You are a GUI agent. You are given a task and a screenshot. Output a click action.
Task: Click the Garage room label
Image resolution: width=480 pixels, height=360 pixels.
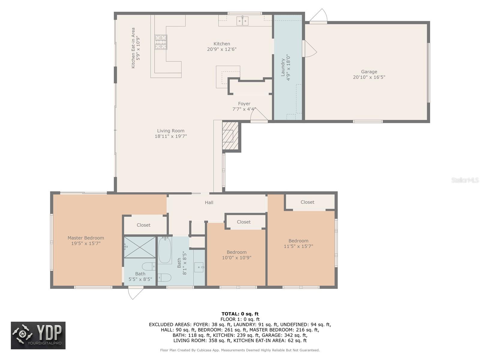pos(369,72)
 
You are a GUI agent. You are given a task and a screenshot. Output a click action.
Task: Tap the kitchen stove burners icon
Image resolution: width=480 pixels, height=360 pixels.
pos(161,42)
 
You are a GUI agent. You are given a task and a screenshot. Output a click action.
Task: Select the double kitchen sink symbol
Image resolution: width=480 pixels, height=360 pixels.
pos(242,21)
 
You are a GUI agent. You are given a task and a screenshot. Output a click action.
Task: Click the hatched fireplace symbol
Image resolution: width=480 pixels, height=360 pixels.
pos(230,136)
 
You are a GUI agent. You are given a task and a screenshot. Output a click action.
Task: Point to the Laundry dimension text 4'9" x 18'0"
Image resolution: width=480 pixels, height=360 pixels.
pos(288,67)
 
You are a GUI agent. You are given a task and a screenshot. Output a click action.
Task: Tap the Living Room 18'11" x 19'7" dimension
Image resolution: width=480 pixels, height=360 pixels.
pos(171,136)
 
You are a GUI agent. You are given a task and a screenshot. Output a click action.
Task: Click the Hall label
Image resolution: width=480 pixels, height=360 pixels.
pos(209,202)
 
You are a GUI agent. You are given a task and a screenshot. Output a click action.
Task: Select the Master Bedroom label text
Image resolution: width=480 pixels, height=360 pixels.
pos(85,238)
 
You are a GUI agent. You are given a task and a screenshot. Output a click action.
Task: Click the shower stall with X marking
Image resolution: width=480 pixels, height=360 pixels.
pos(140,247)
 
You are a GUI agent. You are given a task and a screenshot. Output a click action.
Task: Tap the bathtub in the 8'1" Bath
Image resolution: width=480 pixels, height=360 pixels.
pos(165,250)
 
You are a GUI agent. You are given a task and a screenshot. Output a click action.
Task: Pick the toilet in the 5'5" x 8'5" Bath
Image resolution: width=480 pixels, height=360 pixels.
pos(149,266)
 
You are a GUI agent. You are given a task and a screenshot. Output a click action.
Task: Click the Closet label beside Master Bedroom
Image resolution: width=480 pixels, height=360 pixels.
pos(143,225)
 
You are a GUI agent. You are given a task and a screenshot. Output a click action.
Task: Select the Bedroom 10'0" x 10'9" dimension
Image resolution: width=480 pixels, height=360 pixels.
pos(236,258)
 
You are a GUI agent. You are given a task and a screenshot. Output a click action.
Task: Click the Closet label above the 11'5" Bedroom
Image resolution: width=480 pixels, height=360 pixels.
pos(307,202)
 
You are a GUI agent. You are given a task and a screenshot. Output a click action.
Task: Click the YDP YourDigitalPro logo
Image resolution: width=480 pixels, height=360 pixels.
pos(38,335)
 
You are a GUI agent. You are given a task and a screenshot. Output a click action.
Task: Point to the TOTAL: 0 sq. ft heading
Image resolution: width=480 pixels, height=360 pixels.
pos(240,314)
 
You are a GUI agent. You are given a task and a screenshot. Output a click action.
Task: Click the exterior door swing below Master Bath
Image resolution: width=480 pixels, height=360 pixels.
pos(136,293)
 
